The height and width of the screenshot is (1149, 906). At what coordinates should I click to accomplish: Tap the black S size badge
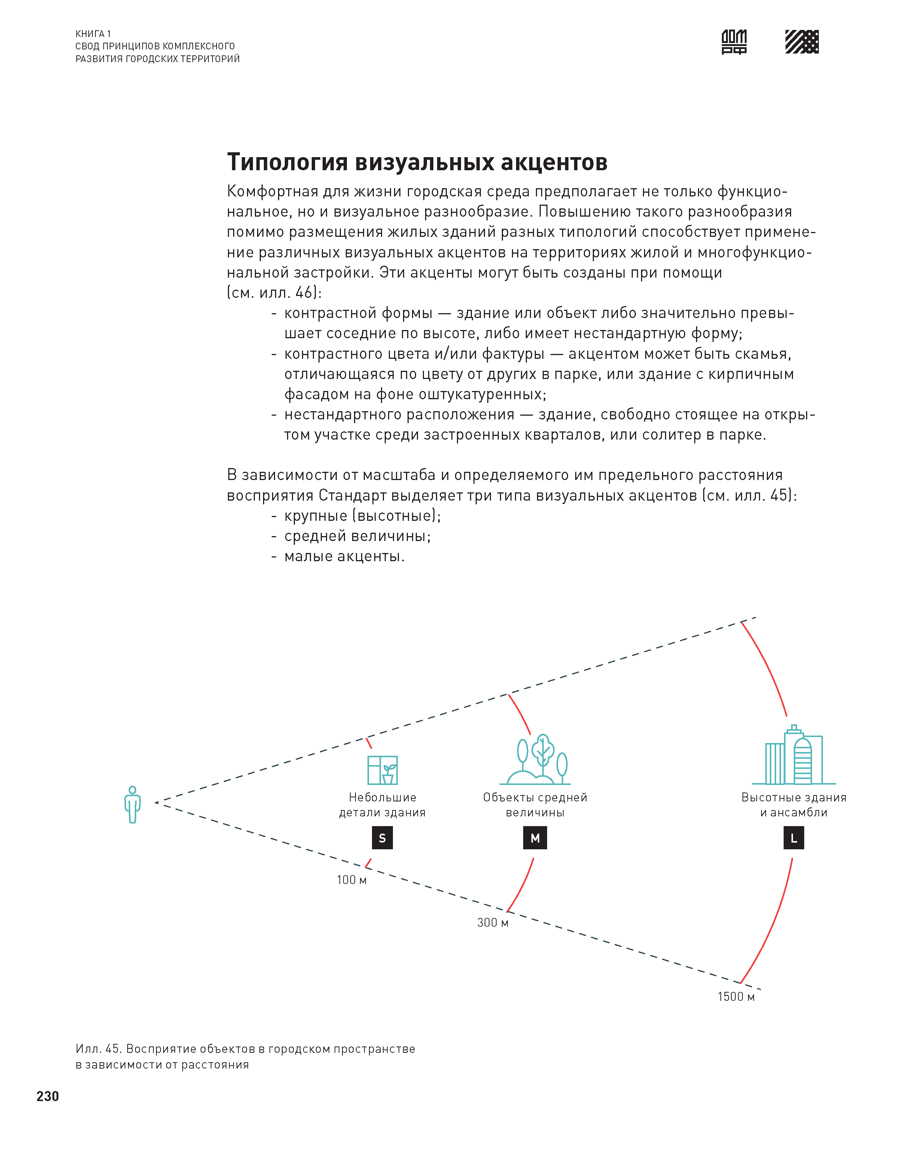[382, 838]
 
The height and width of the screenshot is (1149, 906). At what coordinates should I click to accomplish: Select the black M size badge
[535, 838]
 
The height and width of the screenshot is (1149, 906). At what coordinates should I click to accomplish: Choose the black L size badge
[794, 838]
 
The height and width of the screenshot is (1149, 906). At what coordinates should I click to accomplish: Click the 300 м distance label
[493, 923]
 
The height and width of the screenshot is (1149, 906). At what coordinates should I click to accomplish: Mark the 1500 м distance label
[736, 997]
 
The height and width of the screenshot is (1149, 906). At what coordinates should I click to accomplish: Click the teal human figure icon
[132, 804]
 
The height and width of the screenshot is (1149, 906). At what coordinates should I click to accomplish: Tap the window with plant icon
[382, 770]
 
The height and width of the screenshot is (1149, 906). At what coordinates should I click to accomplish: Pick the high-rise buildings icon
[794, 755]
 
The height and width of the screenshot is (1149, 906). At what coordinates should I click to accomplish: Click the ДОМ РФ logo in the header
[734, 42]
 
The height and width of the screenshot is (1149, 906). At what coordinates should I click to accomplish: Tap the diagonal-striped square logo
[802, 42]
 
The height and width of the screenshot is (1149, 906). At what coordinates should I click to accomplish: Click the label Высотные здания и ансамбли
[794, 805]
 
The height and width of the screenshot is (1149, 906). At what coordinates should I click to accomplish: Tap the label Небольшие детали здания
[382, 805]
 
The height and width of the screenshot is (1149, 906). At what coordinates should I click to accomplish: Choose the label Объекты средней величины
[535, 805]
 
